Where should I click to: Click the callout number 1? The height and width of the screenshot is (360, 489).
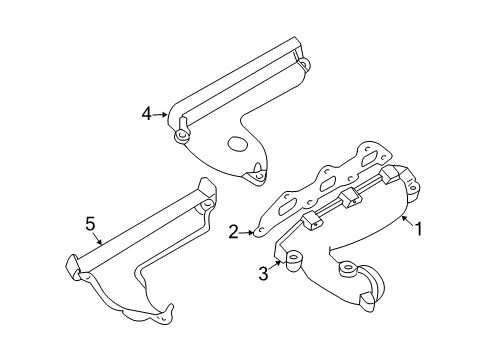click(x=420, y=228)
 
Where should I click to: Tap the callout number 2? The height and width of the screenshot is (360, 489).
click(x=233, y=232)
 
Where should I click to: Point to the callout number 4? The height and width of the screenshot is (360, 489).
click(x=146, y=115)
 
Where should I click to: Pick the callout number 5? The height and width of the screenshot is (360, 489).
click(x=91, y=226)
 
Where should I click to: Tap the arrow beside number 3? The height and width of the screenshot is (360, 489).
click(x=277, y=266)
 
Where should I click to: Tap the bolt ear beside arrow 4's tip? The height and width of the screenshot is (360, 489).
click(x=181, y=134)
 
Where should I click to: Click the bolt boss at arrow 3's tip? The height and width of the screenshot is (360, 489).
click(x=294, y=262)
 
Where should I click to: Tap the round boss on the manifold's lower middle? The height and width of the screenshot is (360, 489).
click(x=349, y=267)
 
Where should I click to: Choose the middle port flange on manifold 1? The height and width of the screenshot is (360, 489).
click(x=350, y=197)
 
